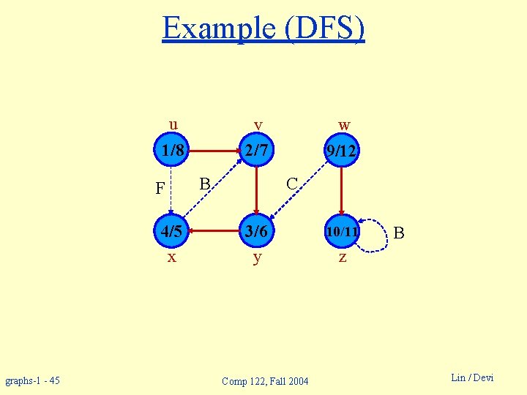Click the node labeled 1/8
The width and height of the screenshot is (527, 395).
(x=172, y=151)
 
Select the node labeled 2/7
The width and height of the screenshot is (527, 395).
(x=257, y=151)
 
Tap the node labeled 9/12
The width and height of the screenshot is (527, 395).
(x=342, y=152)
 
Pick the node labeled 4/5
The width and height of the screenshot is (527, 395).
(x=172, y=231)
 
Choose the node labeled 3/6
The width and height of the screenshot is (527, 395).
(x=257, y=231)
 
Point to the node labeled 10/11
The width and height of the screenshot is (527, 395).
(x=342, y=232)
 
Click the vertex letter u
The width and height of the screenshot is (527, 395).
(x=172, y=124)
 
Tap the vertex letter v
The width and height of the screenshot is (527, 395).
(x=258, y=125)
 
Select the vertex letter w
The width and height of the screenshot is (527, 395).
(x=344, y=125)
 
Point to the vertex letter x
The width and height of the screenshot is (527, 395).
(x=171, y=257)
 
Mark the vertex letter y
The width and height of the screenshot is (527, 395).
(x=257, y=258)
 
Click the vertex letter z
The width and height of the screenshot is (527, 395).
(x=342, y=258)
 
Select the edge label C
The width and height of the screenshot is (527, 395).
(x=291, y=183)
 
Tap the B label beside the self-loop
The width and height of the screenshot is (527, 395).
(x=399, y=234)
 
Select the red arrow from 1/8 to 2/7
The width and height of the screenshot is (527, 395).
(x=214, y=151)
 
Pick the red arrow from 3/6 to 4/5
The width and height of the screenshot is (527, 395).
(x=214, y=231)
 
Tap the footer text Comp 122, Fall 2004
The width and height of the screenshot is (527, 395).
(x=265, y=381)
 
